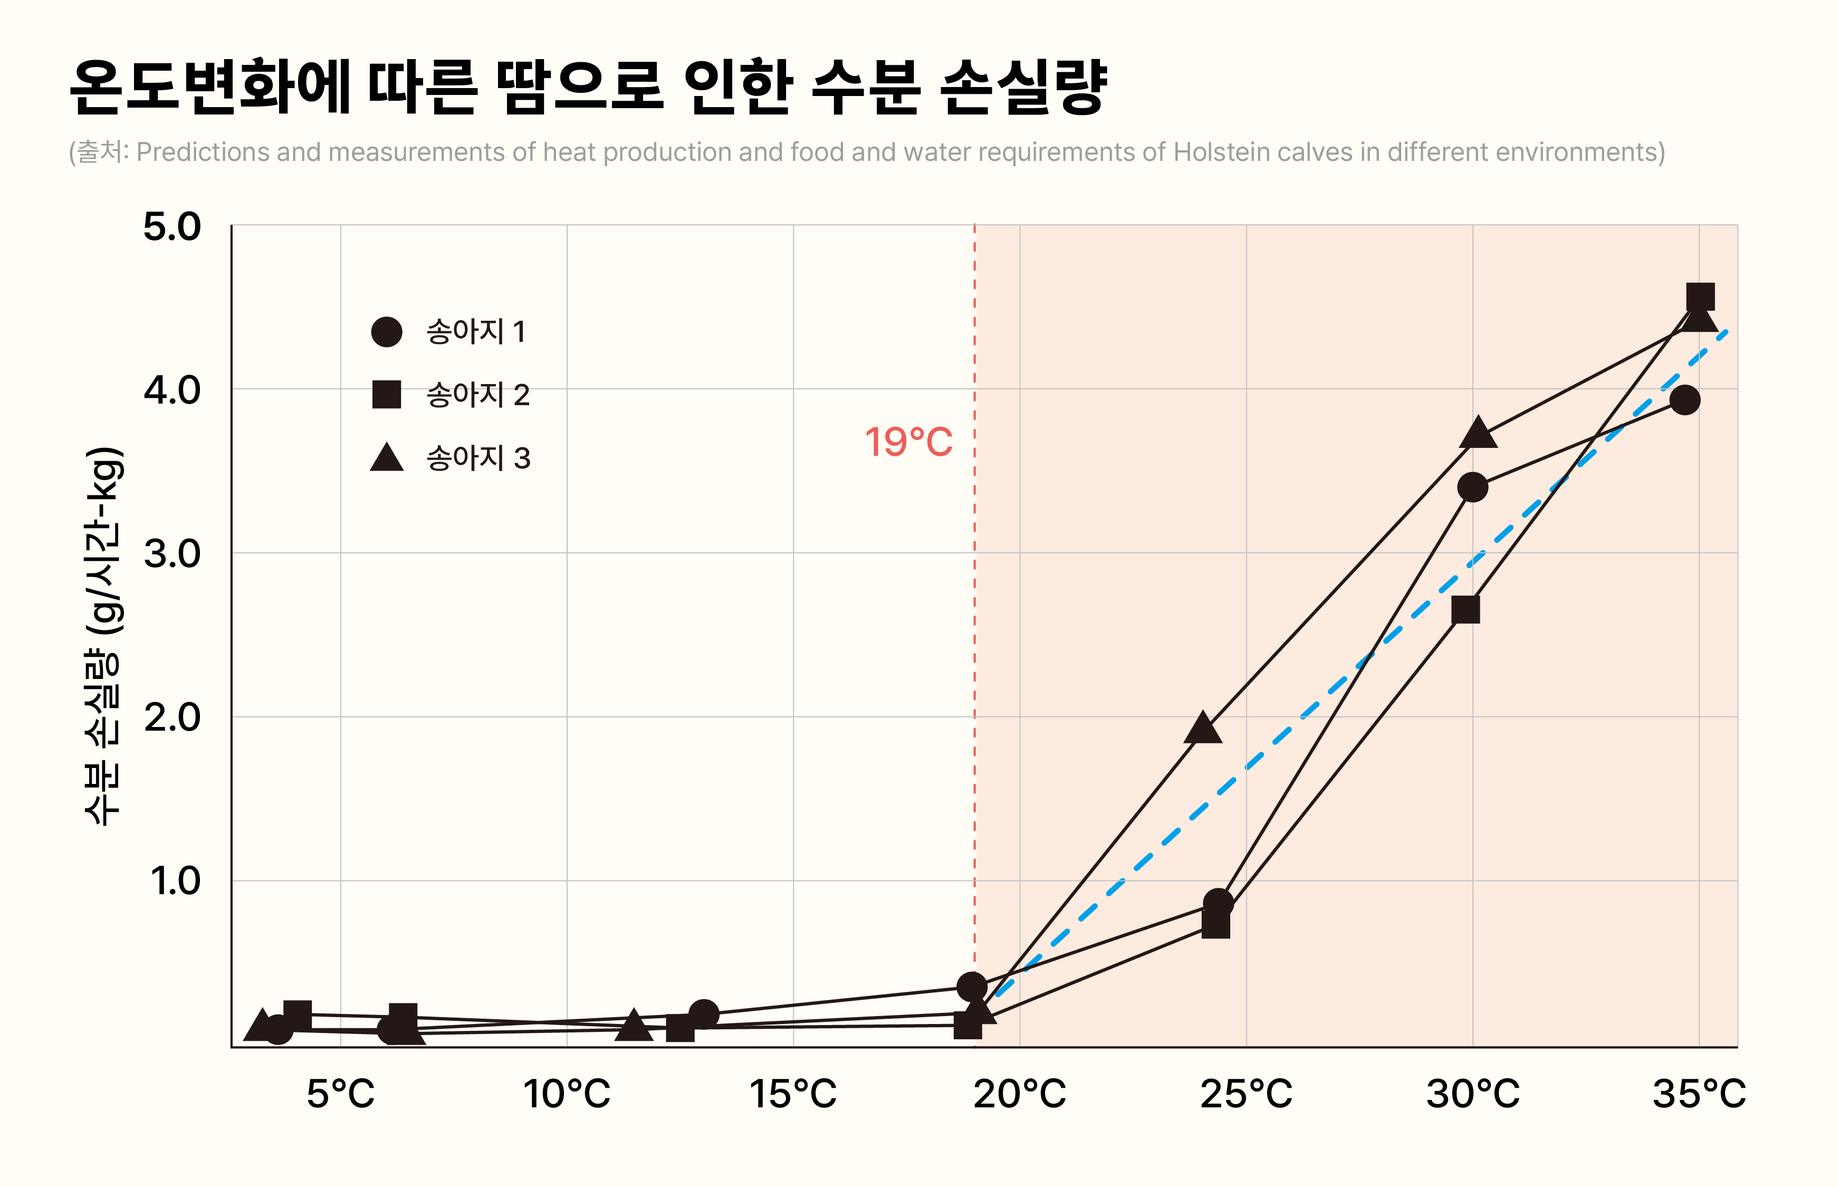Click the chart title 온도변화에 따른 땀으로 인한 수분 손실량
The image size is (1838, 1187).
[588, 87]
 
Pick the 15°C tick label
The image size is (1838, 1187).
[792, 1093]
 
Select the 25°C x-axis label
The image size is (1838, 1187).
[1246, 1093]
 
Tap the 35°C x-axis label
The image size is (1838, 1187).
[1699, 1093]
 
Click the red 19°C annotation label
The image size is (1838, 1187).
[908, 443]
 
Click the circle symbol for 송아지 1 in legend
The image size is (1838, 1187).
[386, 331]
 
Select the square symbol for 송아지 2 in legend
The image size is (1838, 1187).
[386, 394]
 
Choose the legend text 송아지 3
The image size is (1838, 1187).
[478, 458]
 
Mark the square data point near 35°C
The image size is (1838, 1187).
[1700, 296]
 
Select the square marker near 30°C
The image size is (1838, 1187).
[1465, 610]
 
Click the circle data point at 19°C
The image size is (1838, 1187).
[972, 987]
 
